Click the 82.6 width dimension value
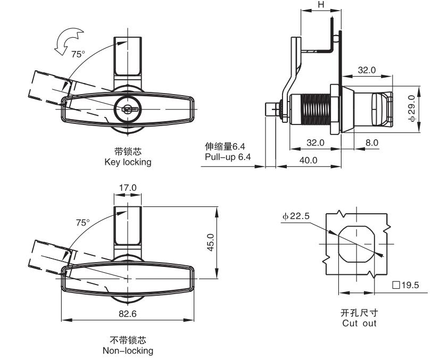128,314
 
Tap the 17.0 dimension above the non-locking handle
128,188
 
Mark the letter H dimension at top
320,4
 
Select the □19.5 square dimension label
405,285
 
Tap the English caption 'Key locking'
128,162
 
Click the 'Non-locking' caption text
128,350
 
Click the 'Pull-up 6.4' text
228,157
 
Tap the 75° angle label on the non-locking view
83,223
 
